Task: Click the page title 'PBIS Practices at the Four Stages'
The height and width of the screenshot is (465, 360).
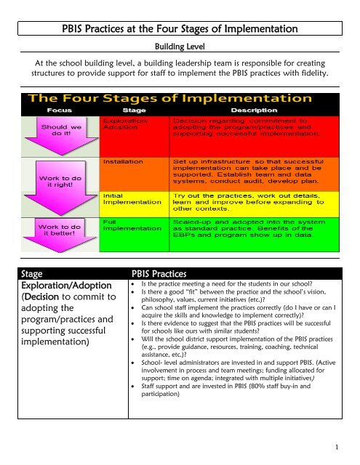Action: click(179, 29)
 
